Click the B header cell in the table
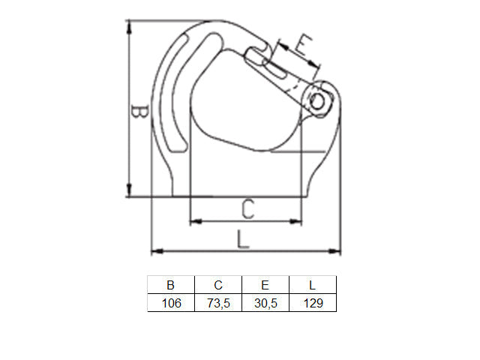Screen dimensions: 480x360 [x=171, y=285]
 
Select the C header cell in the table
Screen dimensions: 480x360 [x=218, y=285]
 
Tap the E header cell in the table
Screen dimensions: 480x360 [x=265, y=285]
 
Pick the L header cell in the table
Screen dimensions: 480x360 [x=313, y=285]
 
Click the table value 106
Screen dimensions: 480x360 [x=172, y=303]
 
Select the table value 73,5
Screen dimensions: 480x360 [x=218, y=303]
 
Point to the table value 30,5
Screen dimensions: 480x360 [x=265, y=303]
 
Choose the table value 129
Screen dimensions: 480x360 [x=313, y=303]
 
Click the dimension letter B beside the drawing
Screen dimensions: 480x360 [x=139, y=112]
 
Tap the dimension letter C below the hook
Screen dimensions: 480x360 [x=248, y=209]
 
